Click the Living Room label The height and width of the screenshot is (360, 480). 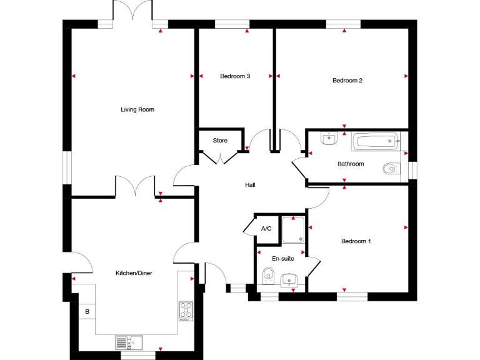137,110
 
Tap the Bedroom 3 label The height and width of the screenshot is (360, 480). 235,76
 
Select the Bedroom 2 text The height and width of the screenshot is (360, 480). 347,81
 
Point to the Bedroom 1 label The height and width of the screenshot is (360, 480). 356,241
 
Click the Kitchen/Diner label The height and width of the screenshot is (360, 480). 134,273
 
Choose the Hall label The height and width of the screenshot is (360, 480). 250,185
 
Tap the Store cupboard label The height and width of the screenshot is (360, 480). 220,141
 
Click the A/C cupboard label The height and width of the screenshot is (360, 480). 266,229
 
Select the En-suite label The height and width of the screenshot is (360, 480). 283,258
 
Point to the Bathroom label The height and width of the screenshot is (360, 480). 351,164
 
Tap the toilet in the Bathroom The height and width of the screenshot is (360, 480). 391,167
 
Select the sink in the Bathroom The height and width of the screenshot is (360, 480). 329,138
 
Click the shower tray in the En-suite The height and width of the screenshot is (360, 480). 292,229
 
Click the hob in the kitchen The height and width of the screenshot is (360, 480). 186,311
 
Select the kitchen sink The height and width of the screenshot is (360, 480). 129,342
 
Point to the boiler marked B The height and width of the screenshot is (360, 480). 87,311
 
